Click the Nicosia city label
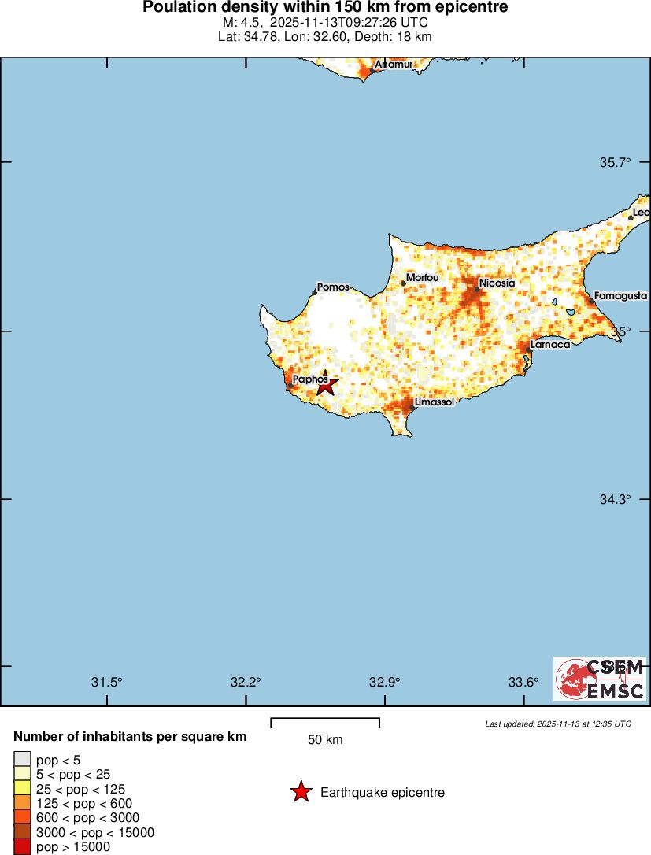point(497,283)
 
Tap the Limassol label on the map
point(434,402)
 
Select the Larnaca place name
point(550,345)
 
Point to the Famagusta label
point(620,296)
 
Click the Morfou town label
point(422,278)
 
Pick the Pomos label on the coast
point(333,287)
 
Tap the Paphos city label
point(309,379)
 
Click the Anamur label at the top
point(394,65)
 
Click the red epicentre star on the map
point(326,385)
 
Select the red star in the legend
point(301,792)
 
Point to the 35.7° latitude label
point(616,163)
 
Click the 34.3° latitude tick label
point(616,499)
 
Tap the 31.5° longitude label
point(107,682)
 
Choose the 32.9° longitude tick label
point(385,682)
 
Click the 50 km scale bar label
point(325,740)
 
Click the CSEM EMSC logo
point(600,679)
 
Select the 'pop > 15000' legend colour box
point(22,847)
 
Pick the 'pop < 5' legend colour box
point(22,759)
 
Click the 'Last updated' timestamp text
point(558,724)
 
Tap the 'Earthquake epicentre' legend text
point(383,793)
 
